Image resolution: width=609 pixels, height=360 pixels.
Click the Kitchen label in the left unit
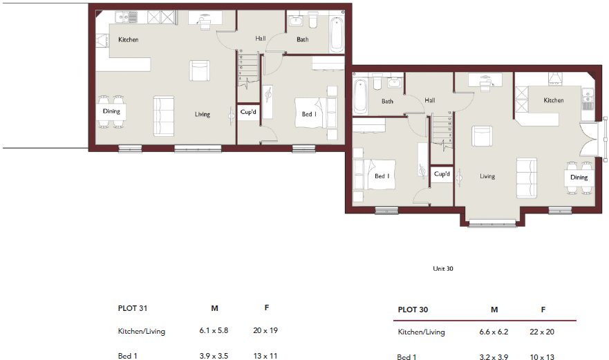[128, 39]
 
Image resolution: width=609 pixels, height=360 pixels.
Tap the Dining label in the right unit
[579, 178]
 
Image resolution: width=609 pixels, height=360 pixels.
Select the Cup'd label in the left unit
[248, 111]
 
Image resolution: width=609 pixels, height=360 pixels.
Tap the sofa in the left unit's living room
[164, 115]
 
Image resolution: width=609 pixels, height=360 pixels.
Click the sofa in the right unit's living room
[527, 177]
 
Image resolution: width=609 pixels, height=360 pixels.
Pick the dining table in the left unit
[112, 111]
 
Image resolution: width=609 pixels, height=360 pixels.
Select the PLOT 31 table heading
[133, 308]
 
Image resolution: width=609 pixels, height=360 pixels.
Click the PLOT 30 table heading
[413, 310]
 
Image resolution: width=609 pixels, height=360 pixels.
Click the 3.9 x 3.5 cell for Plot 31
[214, 356]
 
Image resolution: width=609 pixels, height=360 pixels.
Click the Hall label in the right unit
[430, 100]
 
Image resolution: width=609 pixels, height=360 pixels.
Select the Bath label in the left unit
[303, 39]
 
